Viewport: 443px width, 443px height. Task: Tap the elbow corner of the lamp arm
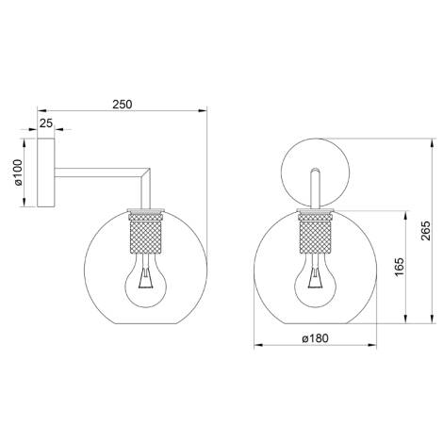(x=145, y=173)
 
